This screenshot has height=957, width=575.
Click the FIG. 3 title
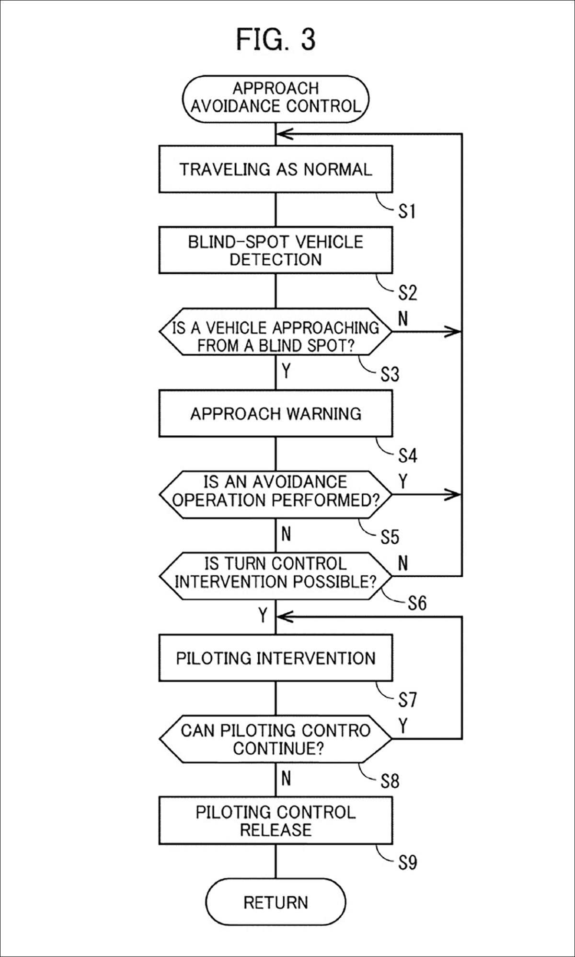[x=276, y=39]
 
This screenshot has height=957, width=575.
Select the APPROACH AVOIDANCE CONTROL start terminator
[x=276, y=97]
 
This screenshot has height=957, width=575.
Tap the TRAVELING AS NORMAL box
[x=276, y=169]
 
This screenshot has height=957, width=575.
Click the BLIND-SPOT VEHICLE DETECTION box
[x=276, y=250]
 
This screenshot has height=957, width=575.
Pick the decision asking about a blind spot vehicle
[x=276, y=332]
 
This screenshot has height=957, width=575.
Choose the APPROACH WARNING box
[x=276, y=413]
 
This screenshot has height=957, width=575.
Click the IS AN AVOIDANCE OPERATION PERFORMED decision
[x=276, y=495]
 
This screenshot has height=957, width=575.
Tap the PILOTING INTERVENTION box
[x=276, y=658]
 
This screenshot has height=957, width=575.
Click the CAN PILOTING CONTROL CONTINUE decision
[x=276, y=739]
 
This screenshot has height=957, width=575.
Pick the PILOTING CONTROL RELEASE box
[x=276, y=821]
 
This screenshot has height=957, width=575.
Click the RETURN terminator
[x=276, y=902]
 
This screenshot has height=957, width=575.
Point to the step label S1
[x=407, y=211]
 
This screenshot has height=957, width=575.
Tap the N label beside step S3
[x=403, y=319]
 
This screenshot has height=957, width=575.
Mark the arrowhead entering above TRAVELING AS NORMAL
[x=285, y=134]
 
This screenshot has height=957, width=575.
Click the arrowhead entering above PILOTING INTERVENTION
[x=285, y=617]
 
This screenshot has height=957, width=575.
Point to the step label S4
[x=407, y=456]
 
